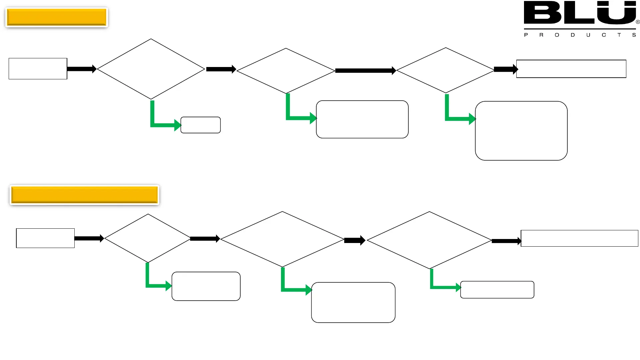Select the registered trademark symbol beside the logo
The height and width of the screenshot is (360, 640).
point(638,22)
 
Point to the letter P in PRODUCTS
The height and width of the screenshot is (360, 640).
point(526,35)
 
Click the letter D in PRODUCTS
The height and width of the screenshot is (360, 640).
point(573,35)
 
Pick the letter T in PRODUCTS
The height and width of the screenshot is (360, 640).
point(619,35)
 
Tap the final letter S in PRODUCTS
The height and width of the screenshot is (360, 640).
point(634,35)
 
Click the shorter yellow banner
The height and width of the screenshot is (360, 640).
point(57,17)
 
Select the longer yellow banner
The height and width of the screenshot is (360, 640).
point(84,195)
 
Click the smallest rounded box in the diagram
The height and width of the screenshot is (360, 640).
point(200,125)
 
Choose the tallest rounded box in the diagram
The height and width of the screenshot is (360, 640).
point(521,131)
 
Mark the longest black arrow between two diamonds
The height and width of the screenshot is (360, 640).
point(365,71)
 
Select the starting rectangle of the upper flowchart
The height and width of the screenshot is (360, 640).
point(38,69)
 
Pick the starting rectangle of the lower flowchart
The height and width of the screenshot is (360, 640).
point(45,238)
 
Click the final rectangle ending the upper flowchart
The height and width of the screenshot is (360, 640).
point(571,69)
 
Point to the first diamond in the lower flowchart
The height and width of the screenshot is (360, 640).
point(148,238)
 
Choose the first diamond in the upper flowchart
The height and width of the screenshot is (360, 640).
point(151,69)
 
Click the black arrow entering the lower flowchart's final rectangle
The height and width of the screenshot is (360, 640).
point(506,241)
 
